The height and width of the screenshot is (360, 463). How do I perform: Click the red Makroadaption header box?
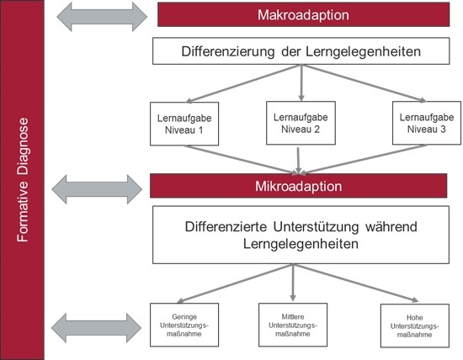(x=304, y=15)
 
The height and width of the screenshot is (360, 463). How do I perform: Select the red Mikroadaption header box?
(x=299, y=186)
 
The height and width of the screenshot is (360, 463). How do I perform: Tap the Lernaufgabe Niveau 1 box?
(x=184, y=124)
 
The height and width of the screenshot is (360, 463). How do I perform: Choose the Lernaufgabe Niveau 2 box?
(x=301, y=123)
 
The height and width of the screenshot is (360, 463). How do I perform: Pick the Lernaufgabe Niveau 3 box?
(x=427, y=123)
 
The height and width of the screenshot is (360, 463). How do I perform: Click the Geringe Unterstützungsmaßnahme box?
(x=184, y=325)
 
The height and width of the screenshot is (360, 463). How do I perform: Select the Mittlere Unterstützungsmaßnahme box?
(x=293, y=325)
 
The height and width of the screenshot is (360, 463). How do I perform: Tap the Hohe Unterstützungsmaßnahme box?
(x=415, y=326)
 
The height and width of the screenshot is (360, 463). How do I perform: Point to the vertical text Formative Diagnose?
(x=23, y=180)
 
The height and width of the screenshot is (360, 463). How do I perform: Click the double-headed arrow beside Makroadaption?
(x=102, y=17)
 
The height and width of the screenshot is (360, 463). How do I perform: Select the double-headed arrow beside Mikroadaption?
(x=97, y=189)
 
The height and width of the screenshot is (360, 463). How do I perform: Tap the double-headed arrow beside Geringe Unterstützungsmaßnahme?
(x=96, y=328)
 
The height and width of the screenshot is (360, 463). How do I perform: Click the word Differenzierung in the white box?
(x=228, y=51)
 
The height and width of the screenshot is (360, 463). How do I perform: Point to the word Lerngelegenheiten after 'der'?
(x=363, y=51)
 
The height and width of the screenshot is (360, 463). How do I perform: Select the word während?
(x=391, y=226)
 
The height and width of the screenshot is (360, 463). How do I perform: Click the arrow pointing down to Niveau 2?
(x=301, y=83)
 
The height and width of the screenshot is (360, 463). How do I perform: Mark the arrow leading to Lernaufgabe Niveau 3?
(x=364, y=83)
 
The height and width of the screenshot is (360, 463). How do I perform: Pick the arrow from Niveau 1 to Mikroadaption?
(x=242, y=160)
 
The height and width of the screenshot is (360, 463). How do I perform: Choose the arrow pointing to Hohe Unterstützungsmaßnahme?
(x=356, y=283)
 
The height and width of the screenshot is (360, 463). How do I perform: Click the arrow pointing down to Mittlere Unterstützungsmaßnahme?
(x=293, y=283)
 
